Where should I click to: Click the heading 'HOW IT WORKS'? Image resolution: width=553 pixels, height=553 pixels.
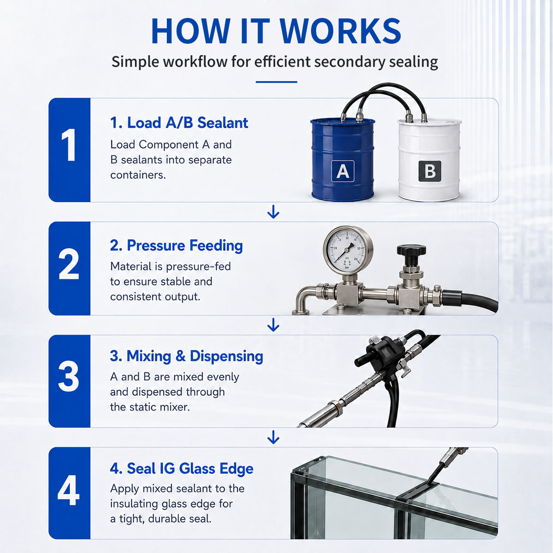click(x=276, y=31)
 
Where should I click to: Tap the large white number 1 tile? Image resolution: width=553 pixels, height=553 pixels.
click(x=70, y=150)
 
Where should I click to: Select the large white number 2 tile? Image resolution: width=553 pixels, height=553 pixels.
click(x=70, y=268)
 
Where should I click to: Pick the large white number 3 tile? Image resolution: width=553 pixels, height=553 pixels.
click(x=70, y=381)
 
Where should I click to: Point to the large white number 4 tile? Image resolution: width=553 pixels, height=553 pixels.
click(x=70, y=493)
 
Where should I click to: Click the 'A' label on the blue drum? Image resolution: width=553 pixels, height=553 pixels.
click(x=343, y=171)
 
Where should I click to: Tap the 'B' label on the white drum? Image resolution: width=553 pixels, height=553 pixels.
click(x=429, y=171)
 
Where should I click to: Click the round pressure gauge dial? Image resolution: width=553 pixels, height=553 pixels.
click(x=348, y=249)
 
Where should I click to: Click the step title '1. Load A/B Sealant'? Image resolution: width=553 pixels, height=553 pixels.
click(x=179, y=123)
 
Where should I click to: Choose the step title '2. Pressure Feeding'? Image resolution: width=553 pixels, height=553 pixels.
click(x=176, y=246)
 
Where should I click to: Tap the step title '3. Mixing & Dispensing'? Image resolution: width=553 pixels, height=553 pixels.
click(x=186, y=356)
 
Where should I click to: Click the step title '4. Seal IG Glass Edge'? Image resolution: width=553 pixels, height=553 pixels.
click(x=182, y=469)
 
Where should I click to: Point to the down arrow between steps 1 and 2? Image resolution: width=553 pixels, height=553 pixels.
click(x=273, y=212)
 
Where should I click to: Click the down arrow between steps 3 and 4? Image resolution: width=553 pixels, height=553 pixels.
click(x=273, y=437)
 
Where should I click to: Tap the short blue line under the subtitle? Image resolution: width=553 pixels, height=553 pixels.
click(x=276, y=82)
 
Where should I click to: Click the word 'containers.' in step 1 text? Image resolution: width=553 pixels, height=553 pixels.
click(x=138, y=175)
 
